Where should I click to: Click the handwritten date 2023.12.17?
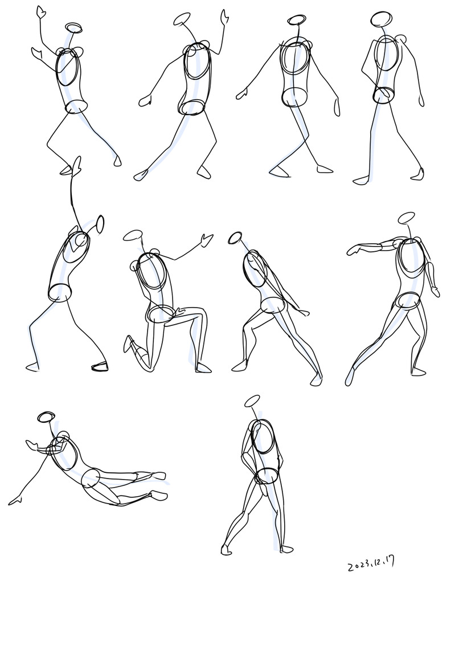(371, 563)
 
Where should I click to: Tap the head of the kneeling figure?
(133, 236)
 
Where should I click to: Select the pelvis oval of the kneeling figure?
(161, 314)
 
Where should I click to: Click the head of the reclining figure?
(46, 416)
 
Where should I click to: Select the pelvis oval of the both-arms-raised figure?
(76, 107)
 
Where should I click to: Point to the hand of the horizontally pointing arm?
(354, 250)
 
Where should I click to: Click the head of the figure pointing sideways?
(407, 218)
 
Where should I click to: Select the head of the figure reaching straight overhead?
(100, 224)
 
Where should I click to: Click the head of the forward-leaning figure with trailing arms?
(235, 238)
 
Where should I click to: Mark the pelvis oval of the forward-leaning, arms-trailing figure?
(273, 305)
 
